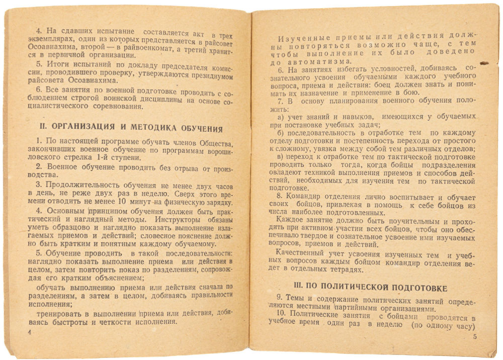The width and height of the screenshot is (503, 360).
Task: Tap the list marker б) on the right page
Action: [x=282, y=133]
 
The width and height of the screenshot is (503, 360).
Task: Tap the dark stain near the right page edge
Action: [x=484, y=63]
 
